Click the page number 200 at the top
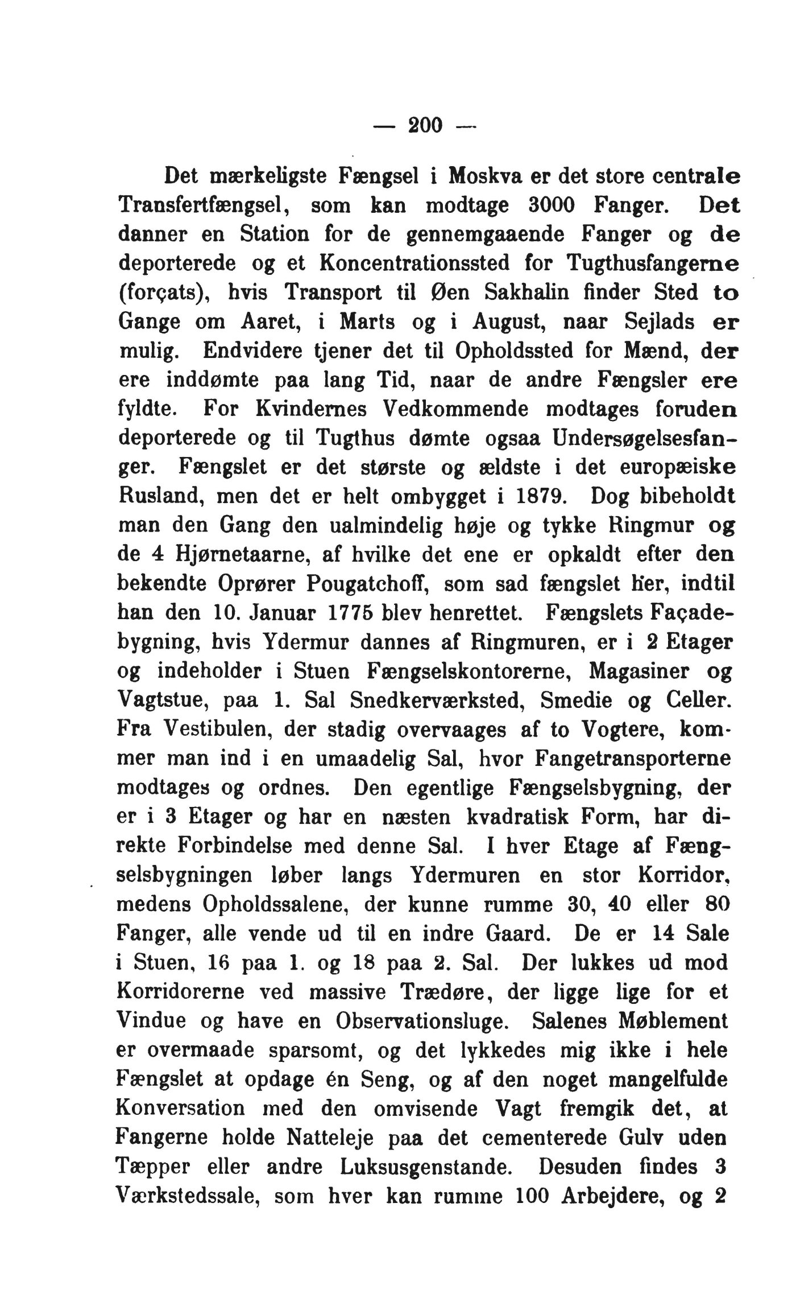pos(425,124)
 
